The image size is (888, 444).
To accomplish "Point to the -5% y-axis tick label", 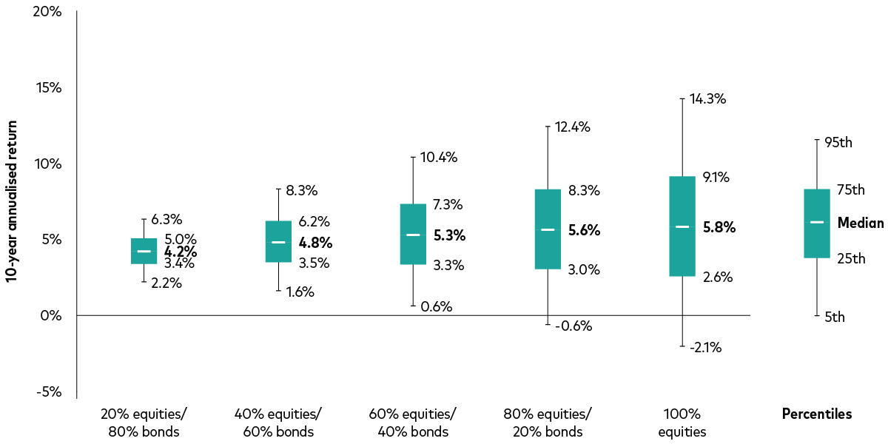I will pos(50,392).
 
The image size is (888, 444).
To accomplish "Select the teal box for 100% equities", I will pos(682,226).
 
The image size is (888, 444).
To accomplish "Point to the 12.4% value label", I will pos(573,127).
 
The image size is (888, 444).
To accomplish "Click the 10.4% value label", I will pos(439,157).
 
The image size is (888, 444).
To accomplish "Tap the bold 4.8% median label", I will pos(315,243).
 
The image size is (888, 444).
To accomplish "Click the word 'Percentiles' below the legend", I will pos(817,414).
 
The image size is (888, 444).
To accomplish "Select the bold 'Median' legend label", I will pos(861,223).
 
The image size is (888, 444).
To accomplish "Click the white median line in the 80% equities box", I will pos(548,230).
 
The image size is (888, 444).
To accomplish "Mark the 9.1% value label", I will pos(716,178).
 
